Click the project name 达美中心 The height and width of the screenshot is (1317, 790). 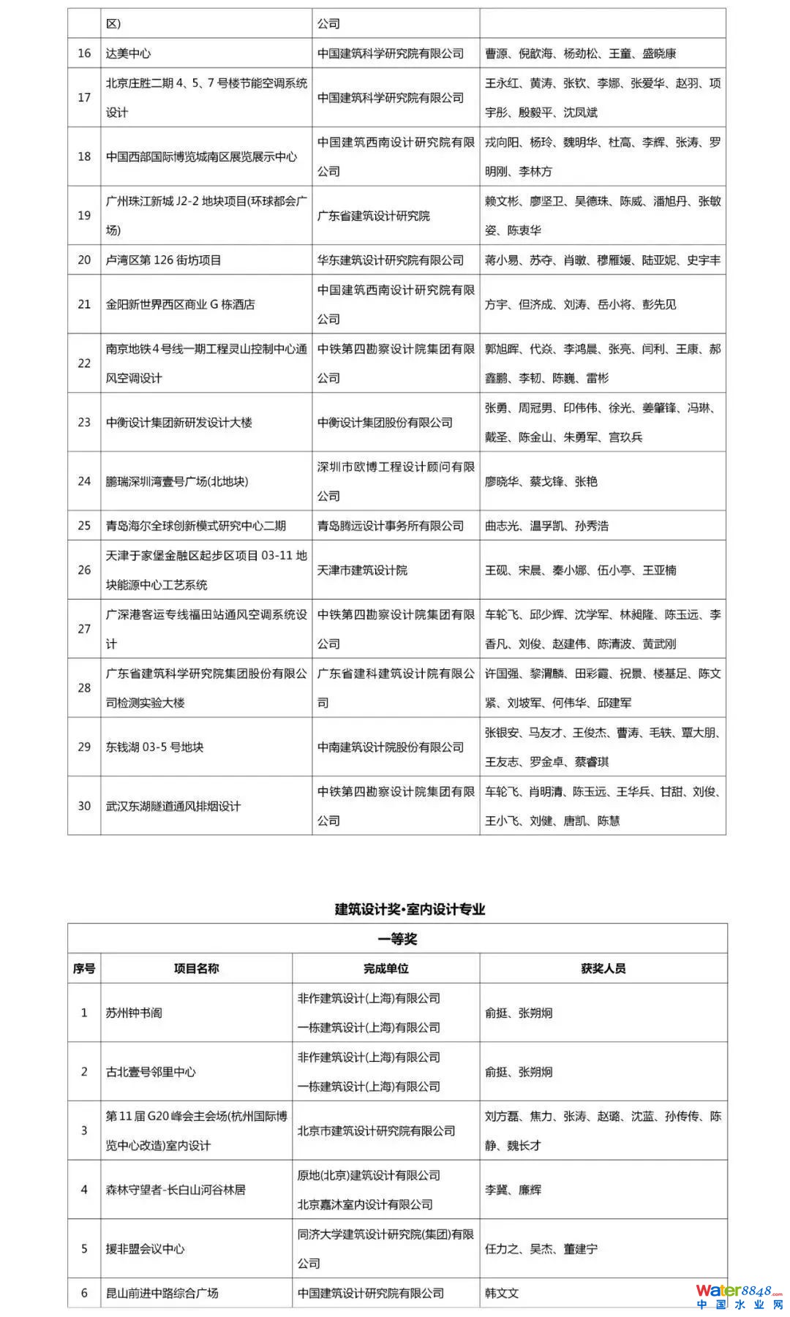coord(128,53)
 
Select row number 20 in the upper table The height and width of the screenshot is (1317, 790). coord(84,260)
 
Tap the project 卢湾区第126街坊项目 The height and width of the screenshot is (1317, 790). coord(163,260)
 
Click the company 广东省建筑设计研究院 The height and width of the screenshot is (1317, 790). coord(373,216)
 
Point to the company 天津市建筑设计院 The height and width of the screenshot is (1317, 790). coord(362,570)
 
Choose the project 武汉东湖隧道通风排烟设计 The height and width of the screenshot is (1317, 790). coord(173,806)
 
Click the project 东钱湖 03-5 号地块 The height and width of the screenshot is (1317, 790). coord(154,747)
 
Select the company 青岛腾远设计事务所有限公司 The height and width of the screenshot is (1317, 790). coord(390,526)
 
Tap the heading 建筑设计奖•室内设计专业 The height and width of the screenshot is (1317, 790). coord(410,909)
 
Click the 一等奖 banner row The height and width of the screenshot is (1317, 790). coord(397,939)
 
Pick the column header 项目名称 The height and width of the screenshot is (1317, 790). coord(196,969)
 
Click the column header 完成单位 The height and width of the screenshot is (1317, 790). coord(385,969)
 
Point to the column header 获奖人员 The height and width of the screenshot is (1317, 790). coord(603,969)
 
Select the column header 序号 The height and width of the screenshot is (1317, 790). coord(84,969)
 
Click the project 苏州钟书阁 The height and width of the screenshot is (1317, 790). coord(134,1013)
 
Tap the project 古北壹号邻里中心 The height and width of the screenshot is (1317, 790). coord(151,1072)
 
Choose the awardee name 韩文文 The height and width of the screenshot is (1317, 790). coord(502,1293)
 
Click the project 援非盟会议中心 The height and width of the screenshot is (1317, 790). coord(145,1249)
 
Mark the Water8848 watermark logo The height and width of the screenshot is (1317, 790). coord(738,1297)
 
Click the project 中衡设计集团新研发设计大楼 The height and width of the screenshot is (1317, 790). coord(178,423)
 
